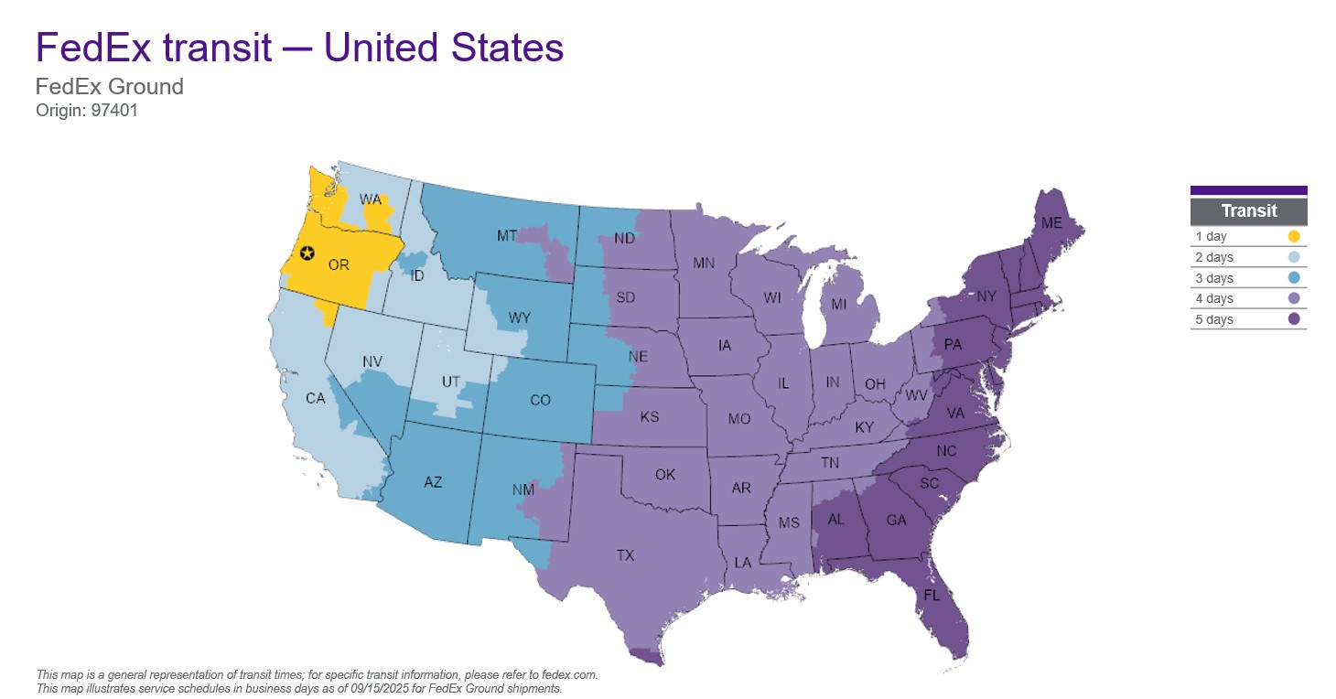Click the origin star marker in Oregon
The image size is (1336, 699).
(307, 253)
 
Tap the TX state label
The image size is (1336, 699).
(625, 555)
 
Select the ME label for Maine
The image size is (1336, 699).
(1051, 222)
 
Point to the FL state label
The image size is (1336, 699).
(932, 595)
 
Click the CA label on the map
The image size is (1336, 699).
(315, 399)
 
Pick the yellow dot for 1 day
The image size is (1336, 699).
(1293, 236)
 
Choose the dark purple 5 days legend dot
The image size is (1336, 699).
(1293, 319)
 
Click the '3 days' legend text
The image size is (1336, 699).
(1214, 278)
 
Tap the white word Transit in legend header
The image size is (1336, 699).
(1248, 211)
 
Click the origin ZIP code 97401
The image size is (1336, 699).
(114, 111)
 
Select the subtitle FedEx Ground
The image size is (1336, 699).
(109, 87)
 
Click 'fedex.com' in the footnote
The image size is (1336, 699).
(569, 674)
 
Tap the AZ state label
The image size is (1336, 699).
(433, 482)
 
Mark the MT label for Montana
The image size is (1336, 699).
(507, 236)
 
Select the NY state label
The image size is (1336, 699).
(986, 296)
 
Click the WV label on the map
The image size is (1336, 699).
(916, 397)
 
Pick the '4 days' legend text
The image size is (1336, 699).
(1214, 299)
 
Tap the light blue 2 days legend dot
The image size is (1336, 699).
(1293, 257)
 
